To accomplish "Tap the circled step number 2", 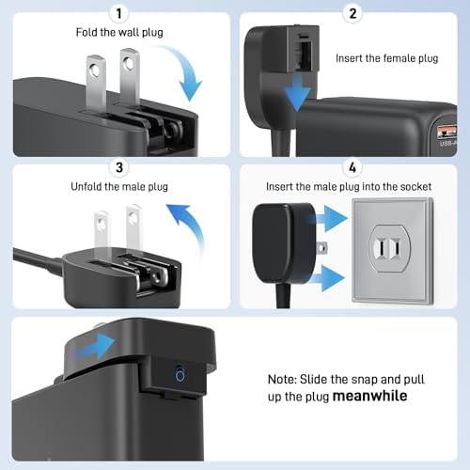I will pyautogui.click(x=352, y=12).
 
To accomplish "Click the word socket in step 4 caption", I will pyautogui.click(x=413, y=186).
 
